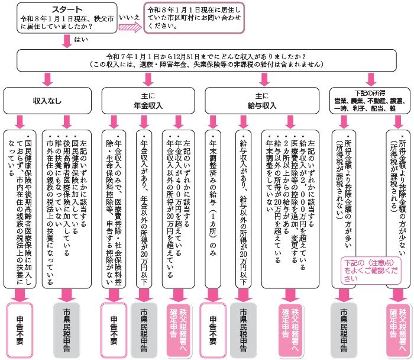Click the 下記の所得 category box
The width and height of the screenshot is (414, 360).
tap(369, 100)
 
